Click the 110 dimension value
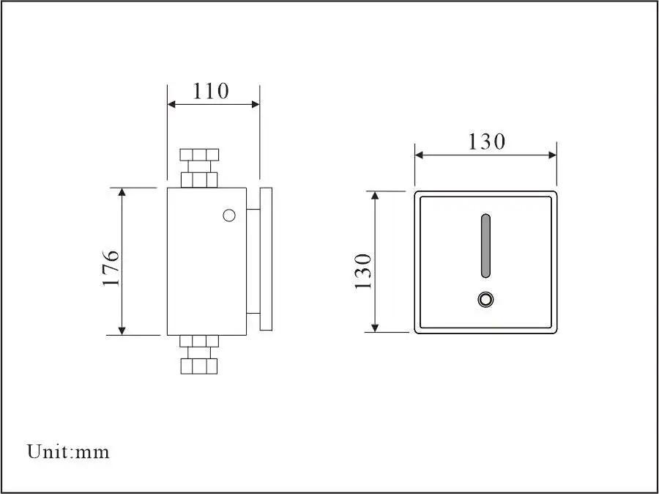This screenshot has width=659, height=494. coord(210,91)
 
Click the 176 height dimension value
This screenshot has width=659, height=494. coord(110,267)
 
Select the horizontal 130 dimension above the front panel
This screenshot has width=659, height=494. coord(486,141)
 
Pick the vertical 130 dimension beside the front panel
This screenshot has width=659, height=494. coord(364,270)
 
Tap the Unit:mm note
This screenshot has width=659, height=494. coord(68,451)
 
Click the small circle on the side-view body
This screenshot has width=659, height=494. coord(228,215)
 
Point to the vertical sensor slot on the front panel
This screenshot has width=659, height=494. coord(485,246)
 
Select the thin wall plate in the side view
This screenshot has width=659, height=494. coord(267,259)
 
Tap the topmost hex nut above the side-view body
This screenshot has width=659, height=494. coord(199,155)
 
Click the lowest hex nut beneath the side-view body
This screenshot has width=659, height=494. coord(199,366)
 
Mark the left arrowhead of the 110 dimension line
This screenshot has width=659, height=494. coord(172,104)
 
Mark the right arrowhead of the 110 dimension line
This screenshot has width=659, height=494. coord(256,104)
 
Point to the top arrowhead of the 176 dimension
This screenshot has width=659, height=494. coord(122,192)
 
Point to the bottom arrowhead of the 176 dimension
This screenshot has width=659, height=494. coord(122,331)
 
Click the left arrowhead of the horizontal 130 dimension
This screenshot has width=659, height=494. coord(420,154)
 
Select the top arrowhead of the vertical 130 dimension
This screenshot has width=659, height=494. coord(375,196)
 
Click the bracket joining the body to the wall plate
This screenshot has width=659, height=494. coord(253,261)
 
